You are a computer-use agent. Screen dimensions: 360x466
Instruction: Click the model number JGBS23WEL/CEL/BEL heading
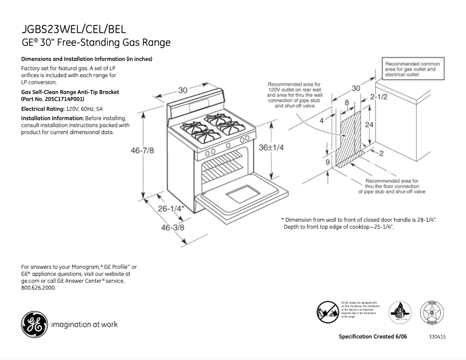[x=73, y=29]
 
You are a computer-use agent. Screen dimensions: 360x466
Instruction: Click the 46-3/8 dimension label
[x=172, y=228]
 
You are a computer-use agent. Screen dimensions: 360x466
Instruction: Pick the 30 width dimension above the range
[x=183, y=90]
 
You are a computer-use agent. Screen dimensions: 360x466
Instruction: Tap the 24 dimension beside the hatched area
[x=368, y=125]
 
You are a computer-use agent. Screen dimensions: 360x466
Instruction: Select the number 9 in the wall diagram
[x=327, y=162]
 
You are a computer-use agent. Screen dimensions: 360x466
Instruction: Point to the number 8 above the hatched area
[x=347, y=103]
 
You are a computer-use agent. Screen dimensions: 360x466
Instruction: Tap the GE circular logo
[x=34, y=325]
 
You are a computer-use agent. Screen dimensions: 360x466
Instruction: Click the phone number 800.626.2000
[x=38, y=288]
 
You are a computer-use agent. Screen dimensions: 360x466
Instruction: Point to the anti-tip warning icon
[x=327, y=312]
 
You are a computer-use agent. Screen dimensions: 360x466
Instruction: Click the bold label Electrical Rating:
[x=42, y=109]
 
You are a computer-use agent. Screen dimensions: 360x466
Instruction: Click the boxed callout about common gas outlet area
[x=414, y=68]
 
